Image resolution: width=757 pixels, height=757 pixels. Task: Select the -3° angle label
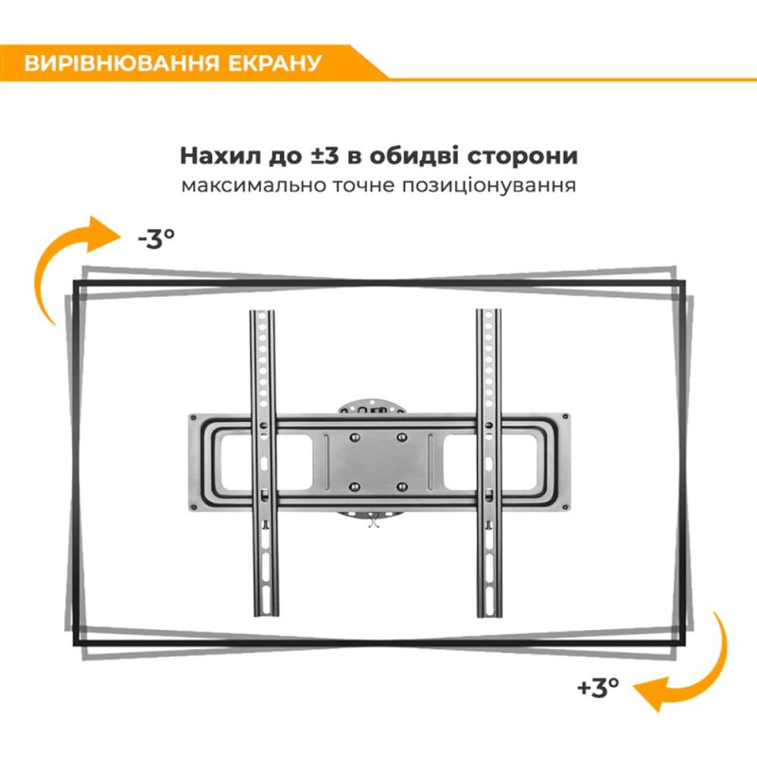click(156, 238)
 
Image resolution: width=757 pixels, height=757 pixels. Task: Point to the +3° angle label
click(597, 686)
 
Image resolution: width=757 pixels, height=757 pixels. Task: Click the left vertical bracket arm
click(262, 464)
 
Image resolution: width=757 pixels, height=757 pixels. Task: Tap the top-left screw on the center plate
click(354, 437)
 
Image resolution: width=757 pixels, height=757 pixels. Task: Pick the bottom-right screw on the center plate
click(401, 486)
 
